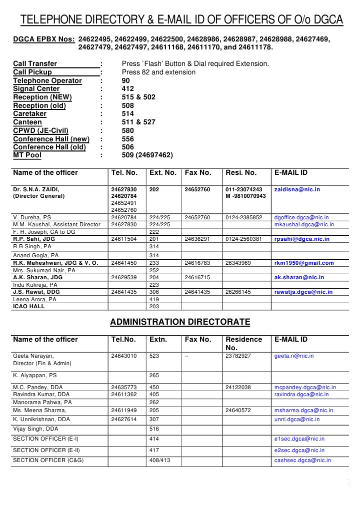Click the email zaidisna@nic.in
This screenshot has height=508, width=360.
tap(297, 190)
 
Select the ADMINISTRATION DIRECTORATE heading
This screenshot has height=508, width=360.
tap(180, 322)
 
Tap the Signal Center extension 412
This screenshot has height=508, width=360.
tap(128, 89)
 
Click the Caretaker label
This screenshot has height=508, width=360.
tap(30, 114)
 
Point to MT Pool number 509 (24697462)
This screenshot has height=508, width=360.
tap(147, 155)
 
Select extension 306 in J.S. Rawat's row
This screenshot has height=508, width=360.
tap(154, 292)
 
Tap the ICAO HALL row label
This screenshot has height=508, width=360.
tap(28, 306)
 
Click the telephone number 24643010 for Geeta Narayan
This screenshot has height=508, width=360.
tap(123, 356)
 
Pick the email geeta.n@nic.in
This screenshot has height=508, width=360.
tap(294, 356)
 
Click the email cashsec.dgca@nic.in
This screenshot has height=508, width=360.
tap(302, 460)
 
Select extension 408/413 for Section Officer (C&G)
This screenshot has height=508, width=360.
tap(160, 460)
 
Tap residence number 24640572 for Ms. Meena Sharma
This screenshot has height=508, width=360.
tap(238, 411)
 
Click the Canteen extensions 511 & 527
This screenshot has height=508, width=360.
tap(138, 122)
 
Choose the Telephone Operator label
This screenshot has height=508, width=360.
tap(47, 80)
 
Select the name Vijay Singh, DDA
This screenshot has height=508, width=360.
tap(35, 429)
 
